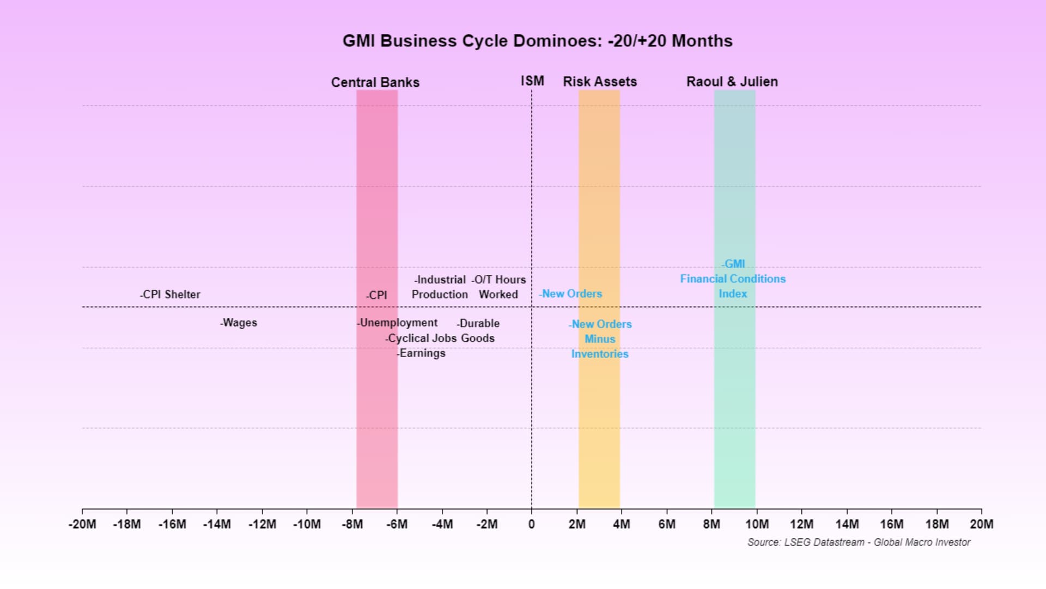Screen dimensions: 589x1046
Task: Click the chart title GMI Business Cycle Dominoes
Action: (537, 41)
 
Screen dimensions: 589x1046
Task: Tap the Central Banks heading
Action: (375, 82)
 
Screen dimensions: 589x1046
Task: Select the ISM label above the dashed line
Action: (532, 81)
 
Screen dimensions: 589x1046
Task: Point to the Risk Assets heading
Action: (600, 82)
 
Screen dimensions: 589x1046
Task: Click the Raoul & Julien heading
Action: (732, 82)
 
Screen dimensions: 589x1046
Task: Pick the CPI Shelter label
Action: (171, 294)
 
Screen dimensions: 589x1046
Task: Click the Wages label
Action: (239, 323)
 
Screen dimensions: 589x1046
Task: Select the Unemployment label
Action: (398, 323)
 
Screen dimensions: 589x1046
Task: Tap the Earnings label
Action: (421, 353)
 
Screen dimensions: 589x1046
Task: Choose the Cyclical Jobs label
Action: (421, 338)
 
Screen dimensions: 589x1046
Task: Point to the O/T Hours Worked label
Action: (498, 287)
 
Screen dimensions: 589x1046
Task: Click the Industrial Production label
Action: (440, 287)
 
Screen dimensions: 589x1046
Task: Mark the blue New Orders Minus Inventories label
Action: (600, 339)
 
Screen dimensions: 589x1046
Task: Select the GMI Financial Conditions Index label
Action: (733, 279)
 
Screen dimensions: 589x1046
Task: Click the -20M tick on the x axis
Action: (82, 524)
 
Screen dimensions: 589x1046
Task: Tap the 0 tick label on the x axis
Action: (532, 524)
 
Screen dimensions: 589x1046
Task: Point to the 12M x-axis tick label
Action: (801, 524)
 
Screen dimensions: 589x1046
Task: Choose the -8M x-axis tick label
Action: (352, 524)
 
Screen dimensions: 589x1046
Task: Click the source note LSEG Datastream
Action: (859, 542)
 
